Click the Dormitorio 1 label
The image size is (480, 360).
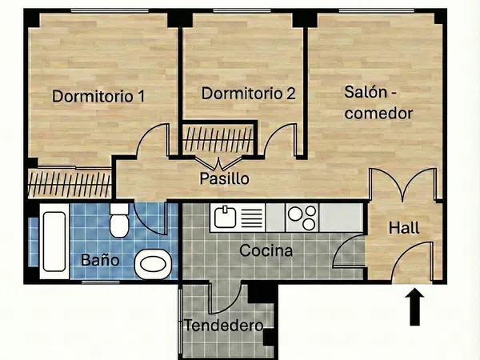pos(98,97)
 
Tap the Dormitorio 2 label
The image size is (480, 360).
pos(249,94)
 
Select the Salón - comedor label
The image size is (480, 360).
pos(378,102)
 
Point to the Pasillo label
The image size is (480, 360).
pos(224,178)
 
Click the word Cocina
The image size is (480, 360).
pos(266,251)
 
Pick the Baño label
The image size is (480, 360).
pos(101,260)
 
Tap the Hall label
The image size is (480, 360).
pos(404,228)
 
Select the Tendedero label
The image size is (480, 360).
pos(224,326)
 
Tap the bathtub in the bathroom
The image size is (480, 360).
pos(54,241)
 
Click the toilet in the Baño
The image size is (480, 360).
pos(119,220)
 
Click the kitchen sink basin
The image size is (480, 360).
pos(225,217)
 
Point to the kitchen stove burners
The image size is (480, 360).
pos(302,217)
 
